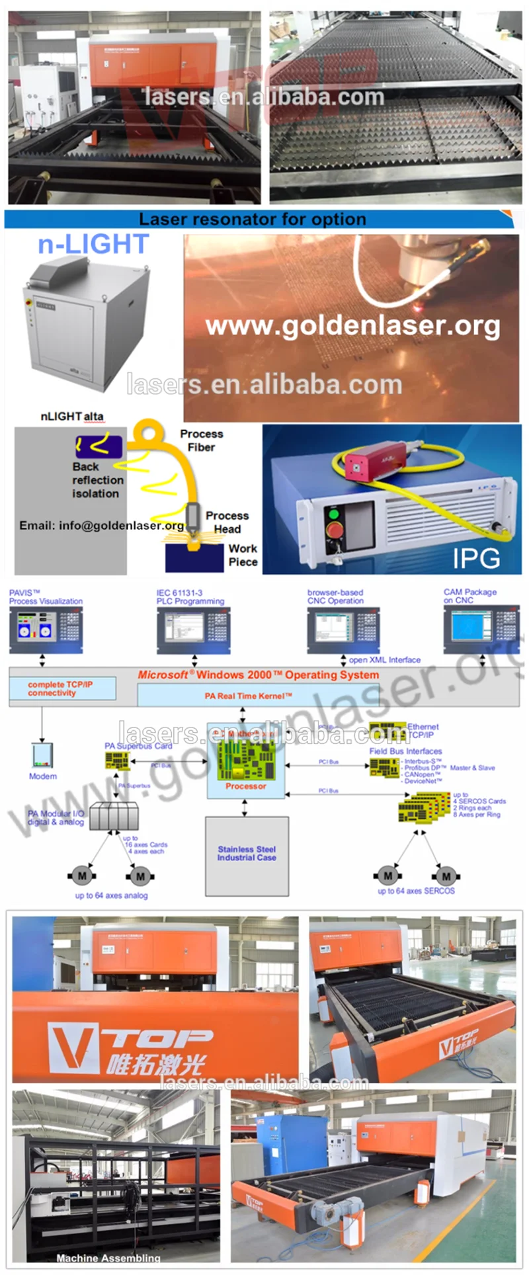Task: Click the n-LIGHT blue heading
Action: (x=93, y=245)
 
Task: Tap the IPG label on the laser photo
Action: (x=476, y=559)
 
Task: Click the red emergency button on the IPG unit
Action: (x=335, y=531)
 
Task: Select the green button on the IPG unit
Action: (x=334, y=514)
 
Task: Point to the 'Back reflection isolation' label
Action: (x=97, y=480)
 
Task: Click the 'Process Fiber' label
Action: (x=202, y=440)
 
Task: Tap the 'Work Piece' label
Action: (x=243, y=555)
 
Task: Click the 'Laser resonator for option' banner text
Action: (x=252, y=220)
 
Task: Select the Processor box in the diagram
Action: (x=245, y=761)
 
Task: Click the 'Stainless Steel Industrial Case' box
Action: (x=247, y=854)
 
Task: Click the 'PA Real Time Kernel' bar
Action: (x=249, y=696)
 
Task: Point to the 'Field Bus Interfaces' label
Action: (x=405, y=751)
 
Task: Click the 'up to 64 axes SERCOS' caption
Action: (x=416, y=891)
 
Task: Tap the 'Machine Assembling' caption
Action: (x=108, y=1258)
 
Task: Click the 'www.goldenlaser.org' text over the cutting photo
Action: (x=352, y=325)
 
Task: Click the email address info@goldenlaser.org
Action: (x=102, y=526)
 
